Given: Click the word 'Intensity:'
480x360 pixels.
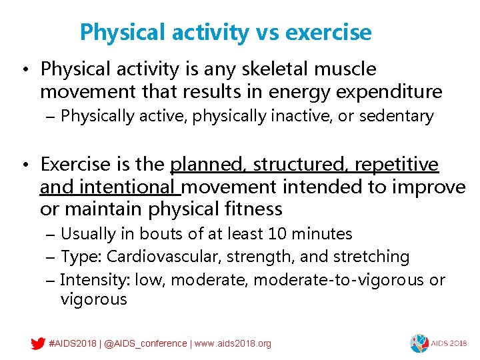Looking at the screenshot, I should point(95,279).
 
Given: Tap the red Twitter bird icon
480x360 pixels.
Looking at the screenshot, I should point(38,344).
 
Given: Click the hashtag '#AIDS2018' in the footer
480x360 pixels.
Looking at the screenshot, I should point(73,344).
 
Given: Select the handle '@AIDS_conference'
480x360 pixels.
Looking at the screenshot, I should point(145,344).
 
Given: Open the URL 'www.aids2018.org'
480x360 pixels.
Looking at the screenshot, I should point(233,344).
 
